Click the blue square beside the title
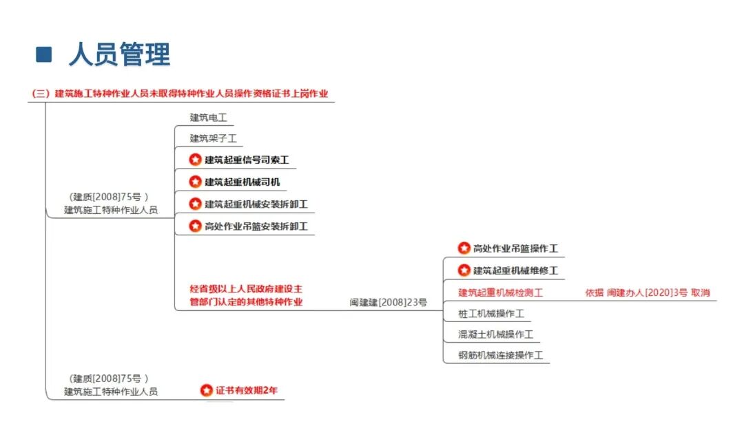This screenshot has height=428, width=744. [x=43, y=54]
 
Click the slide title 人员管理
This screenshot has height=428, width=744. [x=120, y=54]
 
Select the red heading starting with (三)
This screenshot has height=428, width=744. [x=180, y=94]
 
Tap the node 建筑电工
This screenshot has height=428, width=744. [x=208, y=118]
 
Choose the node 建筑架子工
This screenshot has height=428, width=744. [x=213, y=138]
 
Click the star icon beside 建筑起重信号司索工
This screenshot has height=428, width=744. [x=195, y=160]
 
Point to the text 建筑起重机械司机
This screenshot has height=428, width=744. [x=242, y=182]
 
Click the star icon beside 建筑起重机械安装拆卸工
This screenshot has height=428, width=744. [x=195, y=204]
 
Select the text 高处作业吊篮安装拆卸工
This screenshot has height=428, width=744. [x=256, y=226]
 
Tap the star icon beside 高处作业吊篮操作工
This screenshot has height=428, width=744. [x=464, y=248]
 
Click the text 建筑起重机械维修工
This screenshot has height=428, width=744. [x=515, y=270]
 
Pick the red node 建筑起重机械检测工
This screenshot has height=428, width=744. [x=501, y=293]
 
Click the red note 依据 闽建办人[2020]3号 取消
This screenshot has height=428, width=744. [x=647, y=293]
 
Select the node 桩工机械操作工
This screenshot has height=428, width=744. [x=491, y=314]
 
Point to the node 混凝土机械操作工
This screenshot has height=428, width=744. [x=496, y=334]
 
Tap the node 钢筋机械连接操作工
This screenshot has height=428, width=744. [x=501, y=356]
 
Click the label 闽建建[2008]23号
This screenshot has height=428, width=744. [x=388, y=302]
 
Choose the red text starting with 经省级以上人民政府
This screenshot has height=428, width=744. [x=246, y=295]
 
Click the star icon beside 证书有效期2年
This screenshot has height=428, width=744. [x=207, y=390]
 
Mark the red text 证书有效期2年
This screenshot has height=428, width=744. [x=247, y=391]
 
